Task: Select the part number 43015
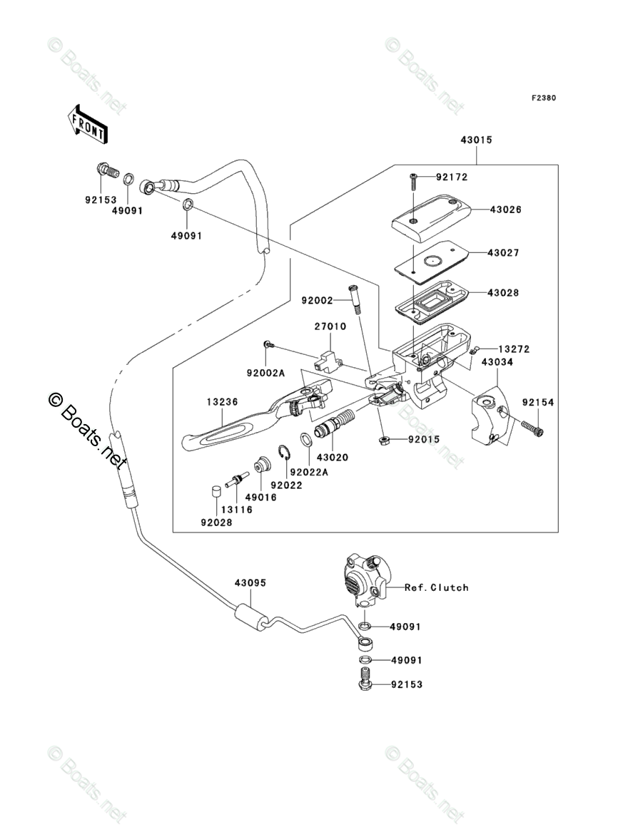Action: point(475,140)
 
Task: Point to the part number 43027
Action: point(504,252)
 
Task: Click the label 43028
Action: point(504,292)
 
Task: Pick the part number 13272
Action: point(514,349)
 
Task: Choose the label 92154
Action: point(538,403)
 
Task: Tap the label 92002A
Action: point(266,372)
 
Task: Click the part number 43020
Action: point(333,457)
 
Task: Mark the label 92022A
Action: point(308,471)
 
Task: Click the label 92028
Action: point(216,522)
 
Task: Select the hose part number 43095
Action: point(250,582)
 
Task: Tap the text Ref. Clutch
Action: point(436,587)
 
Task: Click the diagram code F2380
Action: point(542,98)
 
